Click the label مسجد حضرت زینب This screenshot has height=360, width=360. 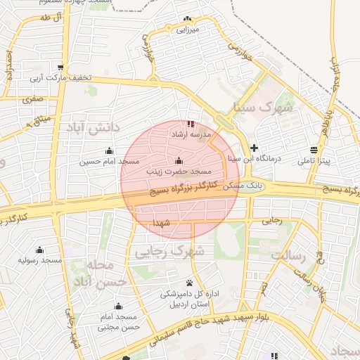179,171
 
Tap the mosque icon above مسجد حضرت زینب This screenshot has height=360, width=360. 179,160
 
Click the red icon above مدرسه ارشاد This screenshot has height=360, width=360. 191,123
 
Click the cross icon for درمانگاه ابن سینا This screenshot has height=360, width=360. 254,148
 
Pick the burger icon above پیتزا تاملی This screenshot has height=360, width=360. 313,150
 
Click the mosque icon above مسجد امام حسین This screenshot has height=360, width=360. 109,150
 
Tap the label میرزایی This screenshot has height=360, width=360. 187,30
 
